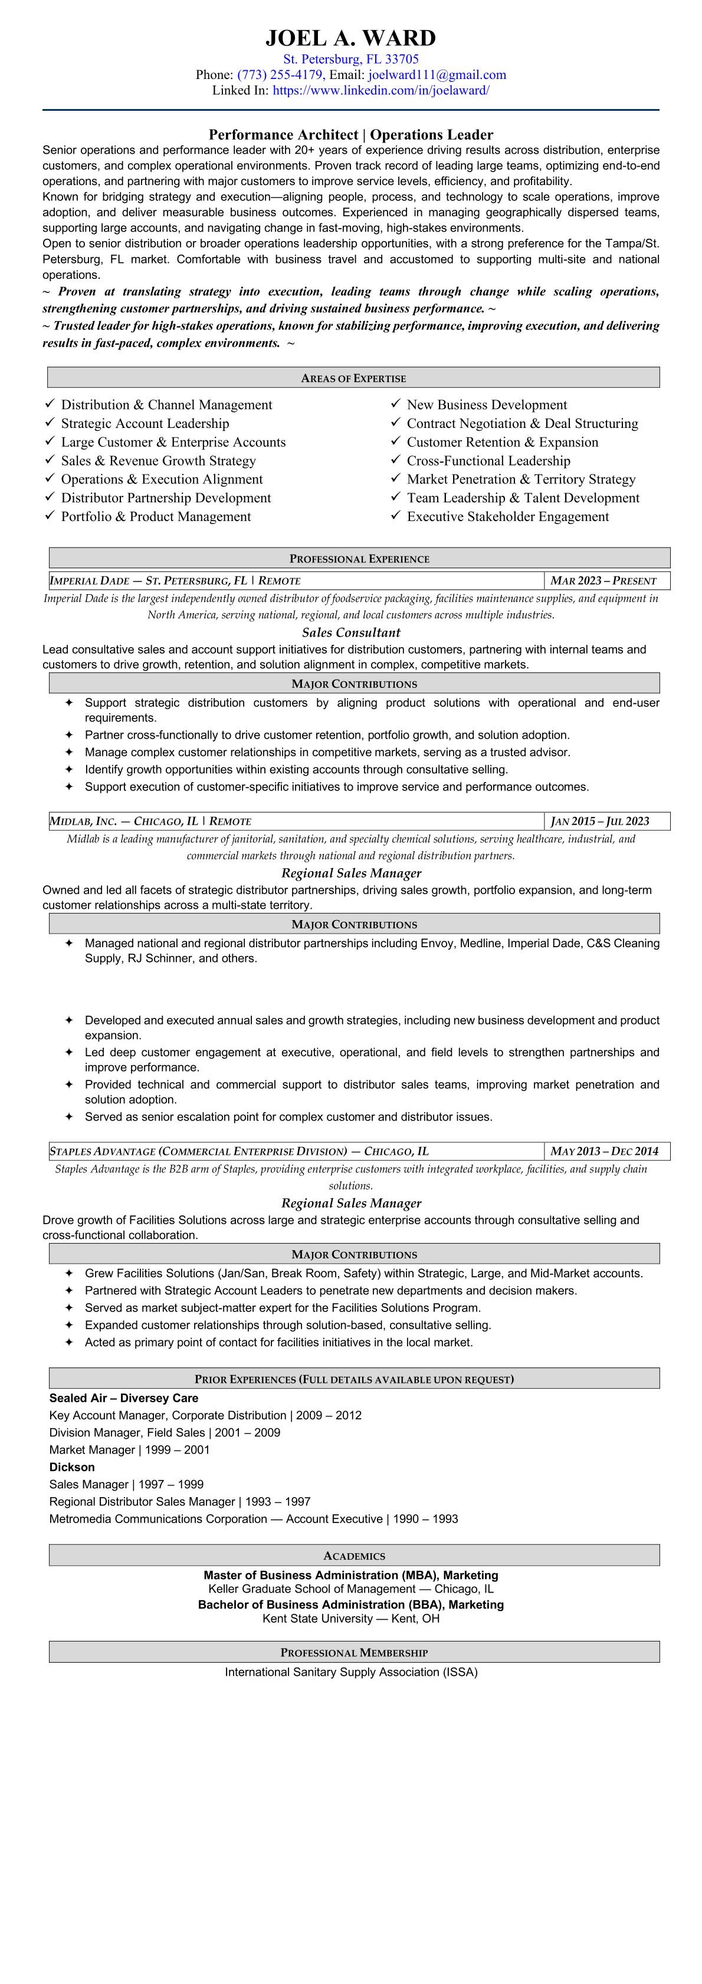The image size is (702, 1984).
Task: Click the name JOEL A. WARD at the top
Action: pos(350,38)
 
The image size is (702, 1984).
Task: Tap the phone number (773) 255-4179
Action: pos(280,75)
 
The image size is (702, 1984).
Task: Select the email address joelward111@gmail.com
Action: pos(437,75)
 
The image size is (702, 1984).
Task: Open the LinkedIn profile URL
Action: pos(380,90)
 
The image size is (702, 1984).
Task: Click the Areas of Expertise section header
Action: pos(353,378)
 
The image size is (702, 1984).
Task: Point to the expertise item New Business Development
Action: pos(486,404)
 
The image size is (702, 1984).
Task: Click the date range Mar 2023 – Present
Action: pos(603,581)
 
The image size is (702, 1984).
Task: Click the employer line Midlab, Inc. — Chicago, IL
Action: pos(150,821)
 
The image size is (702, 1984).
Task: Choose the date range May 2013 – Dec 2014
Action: pos(604,1151)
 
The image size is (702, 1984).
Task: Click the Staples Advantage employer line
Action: pos(239,1151)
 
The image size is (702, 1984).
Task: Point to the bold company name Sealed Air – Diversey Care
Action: pos(123,1398)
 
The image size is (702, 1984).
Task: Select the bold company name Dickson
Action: pos(71,1467)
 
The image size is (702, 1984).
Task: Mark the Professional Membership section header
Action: pos(354,1652)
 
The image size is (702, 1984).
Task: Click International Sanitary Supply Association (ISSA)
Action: pos(350,1672)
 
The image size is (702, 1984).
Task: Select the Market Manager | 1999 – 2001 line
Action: pos(129,1449)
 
